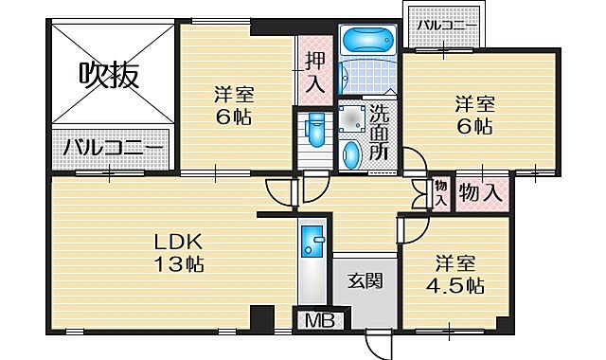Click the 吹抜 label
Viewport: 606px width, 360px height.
click(109, 73)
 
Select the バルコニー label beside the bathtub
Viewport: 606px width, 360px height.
click(442, 26)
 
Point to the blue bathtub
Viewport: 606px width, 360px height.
click(367, 42)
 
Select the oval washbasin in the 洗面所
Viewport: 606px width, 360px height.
click(351, 153)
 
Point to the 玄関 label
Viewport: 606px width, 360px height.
click(363, 281)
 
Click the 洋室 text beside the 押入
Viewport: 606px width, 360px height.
click(233, 96)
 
